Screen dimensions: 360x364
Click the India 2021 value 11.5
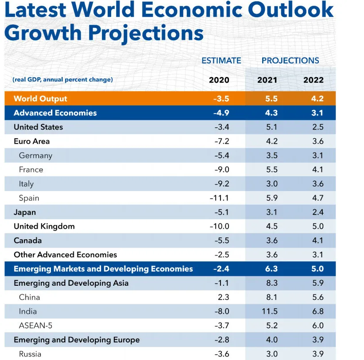pyautogui.click(x=269, y=311)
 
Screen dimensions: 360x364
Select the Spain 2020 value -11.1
pyautogui.click(x=219, y=198)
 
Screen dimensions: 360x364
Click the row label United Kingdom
pyautogui.click(x=44, y=226)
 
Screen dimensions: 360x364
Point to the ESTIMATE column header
pyautogui.click(x=221, y=61)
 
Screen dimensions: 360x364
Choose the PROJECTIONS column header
pyautogui.click(x=290, y=61)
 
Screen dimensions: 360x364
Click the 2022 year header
pyautogui.click(x=314, y=80)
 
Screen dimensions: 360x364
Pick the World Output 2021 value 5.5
pyautogui.click(x=271, y=99)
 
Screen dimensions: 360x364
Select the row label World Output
pyautogui.click(x=40, y=99)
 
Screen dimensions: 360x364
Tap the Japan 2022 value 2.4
pyautogui.click(x=318, y=212)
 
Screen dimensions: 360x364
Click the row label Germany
pyautogui.click(x=35, y=156)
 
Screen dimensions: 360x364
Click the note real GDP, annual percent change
pyautogui.click(x=63, y=80)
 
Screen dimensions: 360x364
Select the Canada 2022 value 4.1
pyautogui.click(x=318, y=241)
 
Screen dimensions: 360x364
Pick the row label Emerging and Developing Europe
pyautogui.click(x=77, y=340)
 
